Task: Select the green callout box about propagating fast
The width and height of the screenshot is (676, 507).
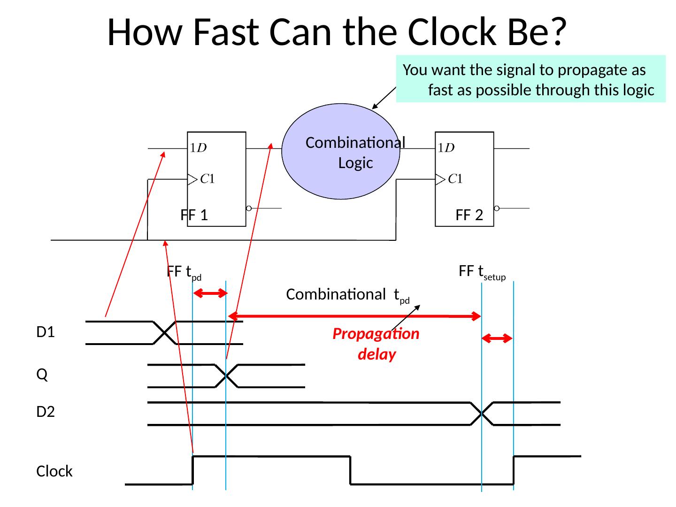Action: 530,79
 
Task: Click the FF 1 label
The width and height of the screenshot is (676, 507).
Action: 194,215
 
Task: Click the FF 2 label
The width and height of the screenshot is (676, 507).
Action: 469,215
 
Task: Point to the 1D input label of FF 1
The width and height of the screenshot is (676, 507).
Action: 198,148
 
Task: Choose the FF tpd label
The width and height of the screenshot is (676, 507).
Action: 184,272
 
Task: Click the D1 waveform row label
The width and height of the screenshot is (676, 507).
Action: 46,332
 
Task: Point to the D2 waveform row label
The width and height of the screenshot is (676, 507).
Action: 46,412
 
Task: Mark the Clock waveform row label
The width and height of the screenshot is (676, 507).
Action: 54,471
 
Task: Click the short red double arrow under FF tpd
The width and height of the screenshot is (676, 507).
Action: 210,293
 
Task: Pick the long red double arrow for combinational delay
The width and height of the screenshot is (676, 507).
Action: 355,316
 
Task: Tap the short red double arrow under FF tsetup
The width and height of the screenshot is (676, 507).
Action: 498,338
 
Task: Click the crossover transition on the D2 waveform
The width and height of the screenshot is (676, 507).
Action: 482,414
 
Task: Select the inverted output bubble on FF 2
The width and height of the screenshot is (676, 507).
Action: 497,208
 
